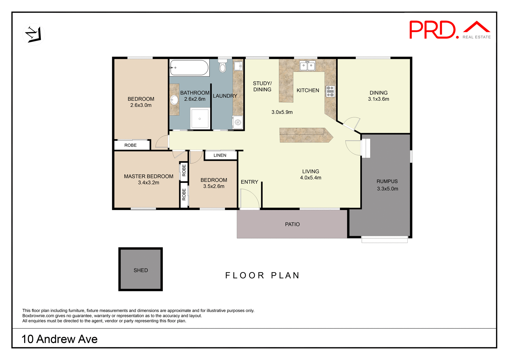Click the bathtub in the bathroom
[x=189, y=68]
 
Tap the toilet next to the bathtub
[x=223, y=66]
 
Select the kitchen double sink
[x=307, y=65]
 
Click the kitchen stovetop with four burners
[x=330, y=91]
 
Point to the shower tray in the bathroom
[x=200, y=118]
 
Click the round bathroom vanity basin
[x=174, y=100]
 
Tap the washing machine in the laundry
[x=238, y=122]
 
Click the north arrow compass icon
[x=34, y=34]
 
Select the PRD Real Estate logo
[x=450, y=30]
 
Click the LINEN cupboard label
[x=220, y=155]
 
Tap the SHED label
[x=141, y=270]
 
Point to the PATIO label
[x=292, y=225]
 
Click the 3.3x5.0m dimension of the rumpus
[x=387, y=189]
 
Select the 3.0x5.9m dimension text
[x=282, y=112]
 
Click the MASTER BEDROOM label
[x=148, y=176]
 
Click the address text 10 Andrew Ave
[x=59, y=339]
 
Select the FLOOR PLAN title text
[x=262, y=275]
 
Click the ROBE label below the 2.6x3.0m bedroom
[x=130, y=145]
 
